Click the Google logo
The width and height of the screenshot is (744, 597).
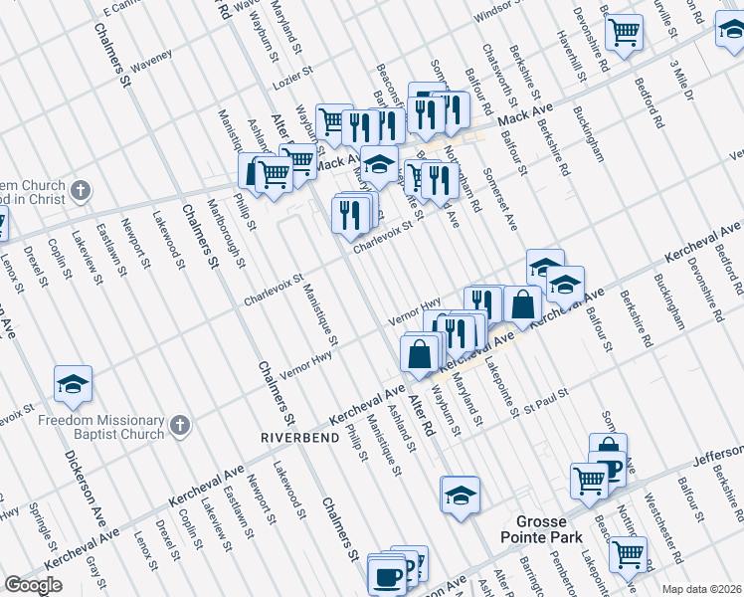[33, 585]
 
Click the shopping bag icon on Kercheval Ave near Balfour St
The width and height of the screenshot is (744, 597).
[522, 304]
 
